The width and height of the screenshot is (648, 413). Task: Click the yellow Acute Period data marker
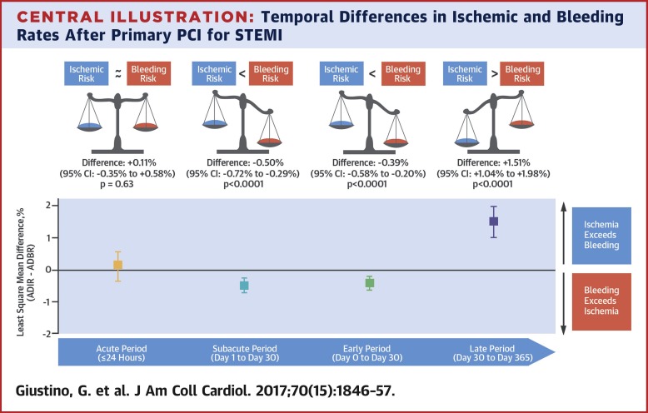click(118, 265)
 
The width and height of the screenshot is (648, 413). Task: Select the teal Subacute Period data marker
click(244, 286)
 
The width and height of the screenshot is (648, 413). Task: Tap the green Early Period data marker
click(370, 283)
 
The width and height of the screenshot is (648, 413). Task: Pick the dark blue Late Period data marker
click(493, 221)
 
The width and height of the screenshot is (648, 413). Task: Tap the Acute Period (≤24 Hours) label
click(118, 352)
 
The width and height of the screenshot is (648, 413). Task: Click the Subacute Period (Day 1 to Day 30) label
click(245, 352)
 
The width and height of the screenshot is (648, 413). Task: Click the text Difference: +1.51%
click(494, 161)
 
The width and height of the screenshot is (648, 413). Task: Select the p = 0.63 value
click(117, 183)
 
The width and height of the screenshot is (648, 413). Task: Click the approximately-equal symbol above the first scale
click(120, 72)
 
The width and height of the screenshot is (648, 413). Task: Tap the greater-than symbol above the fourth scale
click(495, 72)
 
